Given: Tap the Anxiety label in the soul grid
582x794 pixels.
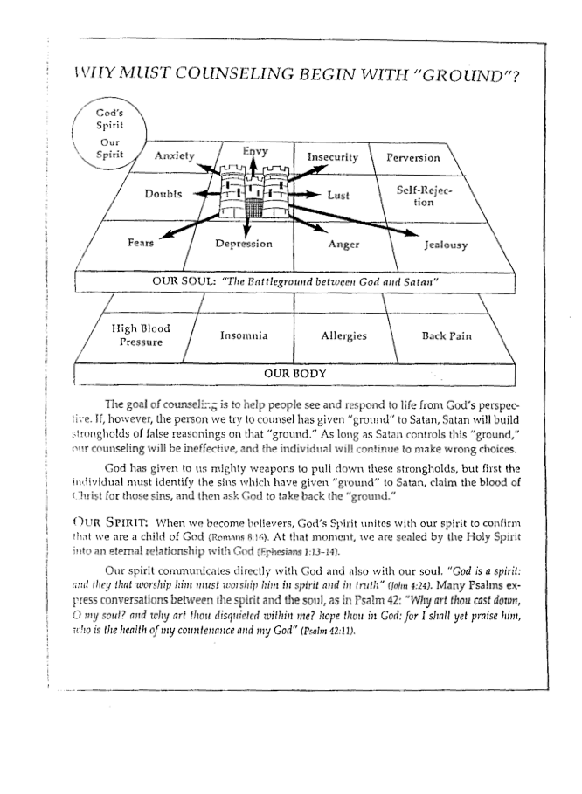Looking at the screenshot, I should [x=174, y=156].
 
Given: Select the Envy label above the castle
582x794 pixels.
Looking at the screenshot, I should [x=255, y=151].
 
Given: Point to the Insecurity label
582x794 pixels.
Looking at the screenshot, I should [x=333, y=157].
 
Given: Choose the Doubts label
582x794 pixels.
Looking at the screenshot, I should [x=163, y=194].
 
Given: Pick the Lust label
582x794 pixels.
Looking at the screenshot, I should [x=338, y=196].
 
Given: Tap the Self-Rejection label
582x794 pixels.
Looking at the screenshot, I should [x=424, y=196].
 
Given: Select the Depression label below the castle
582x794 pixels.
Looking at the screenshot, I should [x=244, y=244].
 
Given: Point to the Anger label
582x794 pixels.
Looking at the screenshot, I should [x=343, y=245].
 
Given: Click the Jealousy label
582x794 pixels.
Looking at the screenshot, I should [x=446, y=245].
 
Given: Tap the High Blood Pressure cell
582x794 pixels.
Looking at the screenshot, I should [x=141, y=335].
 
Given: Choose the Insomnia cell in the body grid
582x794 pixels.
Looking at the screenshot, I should [x=244, y=335].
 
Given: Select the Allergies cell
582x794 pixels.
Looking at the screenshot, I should [x=343, y=335].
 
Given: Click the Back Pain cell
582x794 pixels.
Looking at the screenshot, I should [x=447, y=335].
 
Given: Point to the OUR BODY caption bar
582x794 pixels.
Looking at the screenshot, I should [x=295, y=374].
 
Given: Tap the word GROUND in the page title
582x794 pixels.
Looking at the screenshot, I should [x=464, y=76].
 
